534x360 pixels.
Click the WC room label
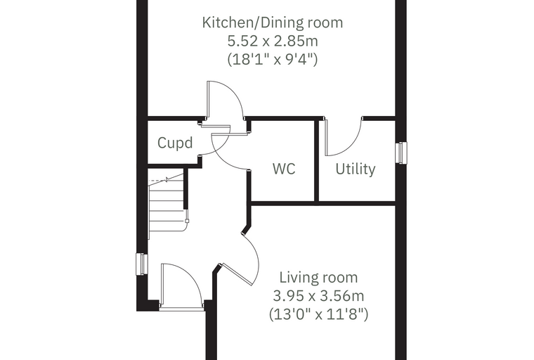pos(284,169)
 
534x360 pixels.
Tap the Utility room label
pos(356,169)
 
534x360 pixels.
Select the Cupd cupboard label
pos(175,143)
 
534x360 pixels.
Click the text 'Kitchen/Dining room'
pos(273,22)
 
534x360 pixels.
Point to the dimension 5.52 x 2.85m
pos(273,41)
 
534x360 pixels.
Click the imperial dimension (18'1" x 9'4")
pos(273,59)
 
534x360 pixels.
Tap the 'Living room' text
pos(318,278)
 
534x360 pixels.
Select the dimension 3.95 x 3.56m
pos(318,295)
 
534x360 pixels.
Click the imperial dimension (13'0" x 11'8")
pos(318,314)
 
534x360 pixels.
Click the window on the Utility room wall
pos(401,153)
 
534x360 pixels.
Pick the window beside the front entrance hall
pos(141,264)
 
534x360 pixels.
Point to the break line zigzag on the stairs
pos(167,180)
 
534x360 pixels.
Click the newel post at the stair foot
pos(187,221)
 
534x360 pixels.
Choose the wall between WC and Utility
pos(316,160)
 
